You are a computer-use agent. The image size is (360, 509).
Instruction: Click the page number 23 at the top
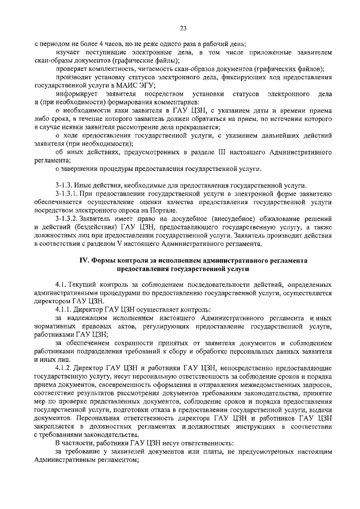click(183, 28)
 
